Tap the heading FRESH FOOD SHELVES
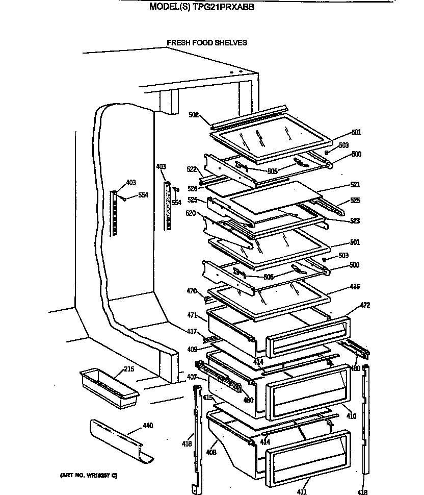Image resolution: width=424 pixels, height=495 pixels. click(x=207, y=43)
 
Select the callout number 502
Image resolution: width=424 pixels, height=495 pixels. click(x=193, y=115)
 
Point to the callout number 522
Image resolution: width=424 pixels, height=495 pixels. click(x=192, y=169)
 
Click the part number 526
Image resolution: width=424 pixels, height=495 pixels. click(x=192, y=189)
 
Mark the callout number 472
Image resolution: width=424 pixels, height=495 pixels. click(x=365, y=306)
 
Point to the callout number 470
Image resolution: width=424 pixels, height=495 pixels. click(x=192, y=291)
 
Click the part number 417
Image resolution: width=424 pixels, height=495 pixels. click(x=192, y=332)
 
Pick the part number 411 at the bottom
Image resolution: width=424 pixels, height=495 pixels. click(x=302, y=491)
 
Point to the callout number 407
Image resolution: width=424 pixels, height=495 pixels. click(x=192, y=378)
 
